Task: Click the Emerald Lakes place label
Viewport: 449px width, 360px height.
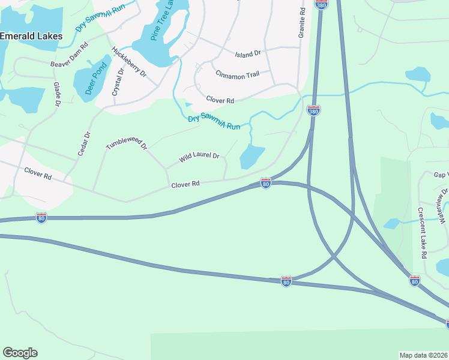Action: pyautogui.click(x=31, y=36)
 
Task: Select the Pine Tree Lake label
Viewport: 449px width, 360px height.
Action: pyautogui.click(x=161, y=20)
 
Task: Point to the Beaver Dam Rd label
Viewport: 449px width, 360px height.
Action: pyautogui.click(x=70, y=55)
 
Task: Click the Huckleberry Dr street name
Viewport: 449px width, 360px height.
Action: pyautogui.click(x=129, y=62)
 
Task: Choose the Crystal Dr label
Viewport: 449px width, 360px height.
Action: pyautogui.click(x=118, y=82)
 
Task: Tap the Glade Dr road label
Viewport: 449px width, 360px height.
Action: pyautogui.click(x=57, y=95)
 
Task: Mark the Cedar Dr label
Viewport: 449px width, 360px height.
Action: pyautogui.click(x=84, y=144)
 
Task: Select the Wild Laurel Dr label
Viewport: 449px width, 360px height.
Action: pyautogui.click(x=199, y=158)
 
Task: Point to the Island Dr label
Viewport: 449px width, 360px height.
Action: pyautogui.click(x=247, y=53)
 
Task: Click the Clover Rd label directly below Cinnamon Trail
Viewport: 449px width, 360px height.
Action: pyautogui.click(x=220, y=100)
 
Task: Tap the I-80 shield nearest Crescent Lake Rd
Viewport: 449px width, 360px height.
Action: pyautogui.click(x=414, y=280)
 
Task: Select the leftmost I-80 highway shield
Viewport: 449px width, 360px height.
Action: pyautogui.click(x=41, y=218)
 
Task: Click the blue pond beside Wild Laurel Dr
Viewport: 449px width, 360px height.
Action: pyautogui.click(x=252, y=157)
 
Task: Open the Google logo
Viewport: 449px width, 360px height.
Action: pyautogui.click(x=20, y=353)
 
